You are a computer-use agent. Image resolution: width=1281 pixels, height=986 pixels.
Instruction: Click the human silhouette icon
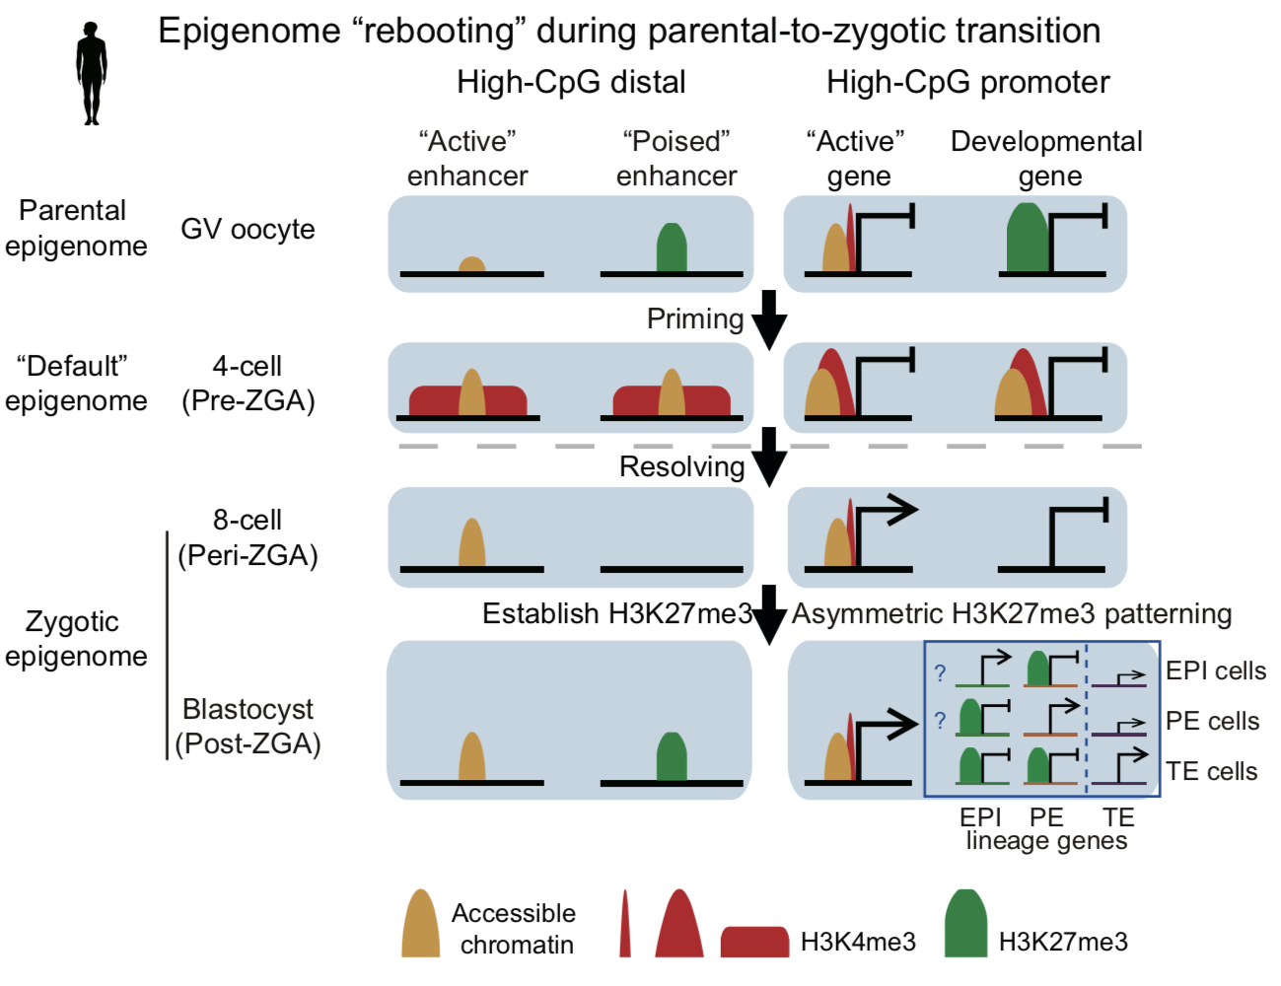(92, 74)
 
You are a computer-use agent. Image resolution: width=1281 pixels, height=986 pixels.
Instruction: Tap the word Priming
(695, 319)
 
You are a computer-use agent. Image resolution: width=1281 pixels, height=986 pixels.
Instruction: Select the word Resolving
(682, 467)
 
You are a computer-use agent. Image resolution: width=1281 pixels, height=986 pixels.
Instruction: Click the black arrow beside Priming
(769, 320)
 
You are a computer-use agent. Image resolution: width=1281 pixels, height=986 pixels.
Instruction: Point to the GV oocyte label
(248, 229)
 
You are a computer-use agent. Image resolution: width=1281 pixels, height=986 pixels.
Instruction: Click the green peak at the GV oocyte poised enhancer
(672, 247)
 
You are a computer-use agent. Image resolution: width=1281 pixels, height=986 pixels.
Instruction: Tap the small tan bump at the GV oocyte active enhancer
(471, 264)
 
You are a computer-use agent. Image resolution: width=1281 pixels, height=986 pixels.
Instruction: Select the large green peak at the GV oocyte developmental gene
(1029, 238)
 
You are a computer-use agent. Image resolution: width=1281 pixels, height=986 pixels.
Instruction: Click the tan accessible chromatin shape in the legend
(420, 923)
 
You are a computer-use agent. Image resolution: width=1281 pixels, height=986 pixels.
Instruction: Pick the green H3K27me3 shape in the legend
(965, 923)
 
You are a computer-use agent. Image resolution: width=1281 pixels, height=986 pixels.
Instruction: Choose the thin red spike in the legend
(625, 923)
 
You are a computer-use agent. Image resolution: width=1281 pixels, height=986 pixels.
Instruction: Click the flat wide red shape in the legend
(754, 942)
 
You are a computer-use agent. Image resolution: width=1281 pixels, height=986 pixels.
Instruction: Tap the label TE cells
(1211, 771)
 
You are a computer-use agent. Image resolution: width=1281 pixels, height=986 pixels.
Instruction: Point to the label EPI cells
(1216, 670)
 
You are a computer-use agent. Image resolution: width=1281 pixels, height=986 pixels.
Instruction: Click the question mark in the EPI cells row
(940, 673)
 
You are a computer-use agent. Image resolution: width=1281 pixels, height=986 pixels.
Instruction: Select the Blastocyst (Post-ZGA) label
(249, 726)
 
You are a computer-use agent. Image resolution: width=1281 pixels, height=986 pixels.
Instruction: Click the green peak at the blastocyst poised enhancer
(672, 756)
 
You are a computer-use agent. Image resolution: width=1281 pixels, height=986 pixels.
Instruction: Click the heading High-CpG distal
(571, 82)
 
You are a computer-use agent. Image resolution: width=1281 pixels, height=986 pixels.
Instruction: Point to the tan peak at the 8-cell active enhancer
(471, 542)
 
